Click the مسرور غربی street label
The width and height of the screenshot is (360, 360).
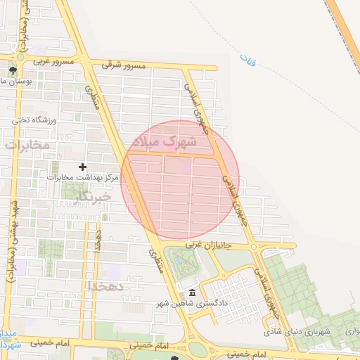click(48, 62)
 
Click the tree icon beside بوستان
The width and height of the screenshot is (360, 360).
click(12, 70)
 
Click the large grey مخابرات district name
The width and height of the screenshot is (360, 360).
click(27, 145)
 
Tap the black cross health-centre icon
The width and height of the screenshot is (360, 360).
click(82, 167)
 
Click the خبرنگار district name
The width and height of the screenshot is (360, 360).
click(92, 198)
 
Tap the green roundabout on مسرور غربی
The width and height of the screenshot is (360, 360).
click(21, 62)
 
